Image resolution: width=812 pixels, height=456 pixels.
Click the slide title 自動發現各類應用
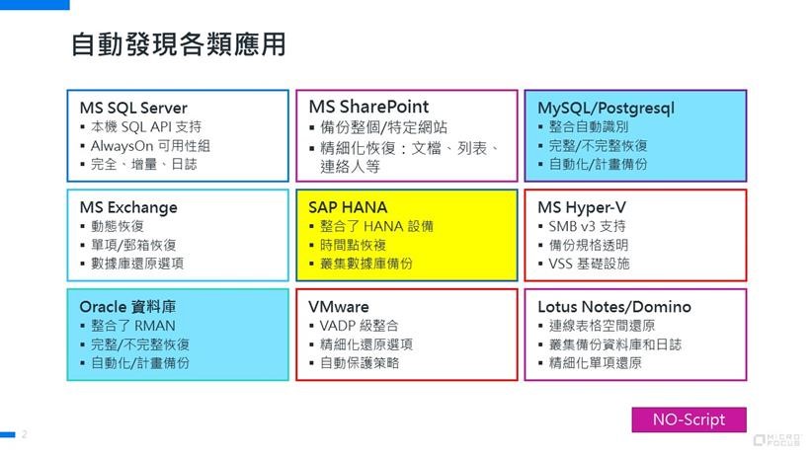pos(179,44)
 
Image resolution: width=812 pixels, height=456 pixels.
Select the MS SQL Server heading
pos(133,108)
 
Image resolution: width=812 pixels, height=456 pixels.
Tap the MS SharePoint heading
pos(368,107)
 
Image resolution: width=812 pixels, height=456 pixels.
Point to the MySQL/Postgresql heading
pos(606,109)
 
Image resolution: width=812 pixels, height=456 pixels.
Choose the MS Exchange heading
pos(128,207)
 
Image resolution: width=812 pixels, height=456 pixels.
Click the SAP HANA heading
pos(348,207)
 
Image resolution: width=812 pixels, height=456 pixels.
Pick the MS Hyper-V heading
pos(582,207)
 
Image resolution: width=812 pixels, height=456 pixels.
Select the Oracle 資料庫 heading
pos(127,307)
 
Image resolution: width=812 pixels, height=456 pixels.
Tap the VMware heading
pos(339,307)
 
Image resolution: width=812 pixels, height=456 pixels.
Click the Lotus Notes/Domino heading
pos(614,307)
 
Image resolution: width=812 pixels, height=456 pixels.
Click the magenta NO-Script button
pos(689,419)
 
